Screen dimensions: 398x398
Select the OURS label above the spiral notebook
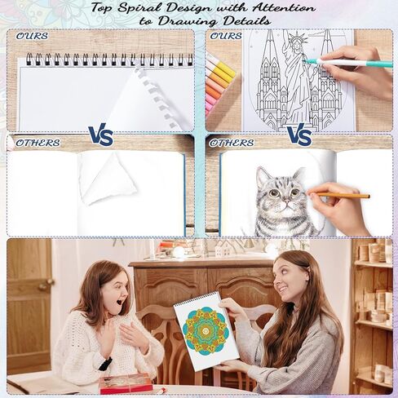[x=32, y=36]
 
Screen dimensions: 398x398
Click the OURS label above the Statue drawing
[x=225, y=36]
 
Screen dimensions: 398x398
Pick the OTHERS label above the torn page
[x=38, y=143]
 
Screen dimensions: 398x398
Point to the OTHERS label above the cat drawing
[x=231, y=143]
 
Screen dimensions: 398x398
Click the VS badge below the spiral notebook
[x=100, y=135]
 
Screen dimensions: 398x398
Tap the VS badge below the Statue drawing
[x=299, y=135]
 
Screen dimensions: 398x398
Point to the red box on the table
[x=126, y=383]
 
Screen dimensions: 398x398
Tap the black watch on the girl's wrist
[x=105, y=364]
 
